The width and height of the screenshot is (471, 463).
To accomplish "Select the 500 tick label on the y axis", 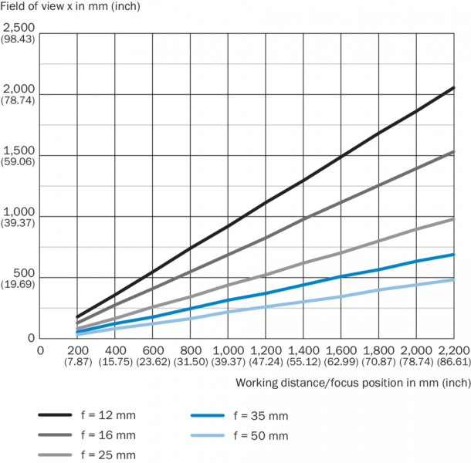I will click(25, 272).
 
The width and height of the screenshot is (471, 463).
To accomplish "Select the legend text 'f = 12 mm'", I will click(109, 415).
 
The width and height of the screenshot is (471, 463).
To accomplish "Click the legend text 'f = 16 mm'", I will click(109, 436).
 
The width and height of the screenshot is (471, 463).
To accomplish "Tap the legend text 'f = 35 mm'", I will click(263, 415).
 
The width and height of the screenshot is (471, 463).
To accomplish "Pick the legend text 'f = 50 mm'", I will click(263, 436).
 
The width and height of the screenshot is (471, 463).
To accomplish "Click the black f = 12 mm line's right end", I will click(454, 87).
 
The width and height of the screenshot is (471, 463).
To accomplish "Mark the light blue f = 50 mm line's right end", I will click(454, 279).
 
